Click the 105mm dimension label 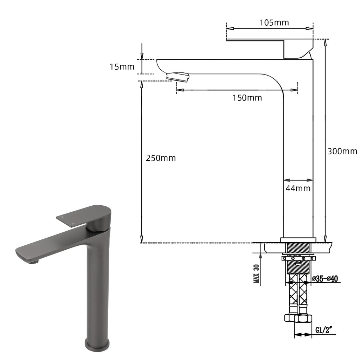(274, 23)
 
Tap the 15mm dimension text (122, 66)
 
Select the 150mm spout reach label (247, 98)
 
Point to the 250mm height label (161, 158)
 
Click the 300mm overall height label (342, 152)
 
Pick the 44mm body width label (298, 188)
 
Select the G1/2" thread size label (324, 330)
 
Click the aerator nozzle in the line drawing (178, 76)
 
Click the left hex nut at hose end (290, 318)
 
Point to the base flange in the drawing (298, 240)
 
